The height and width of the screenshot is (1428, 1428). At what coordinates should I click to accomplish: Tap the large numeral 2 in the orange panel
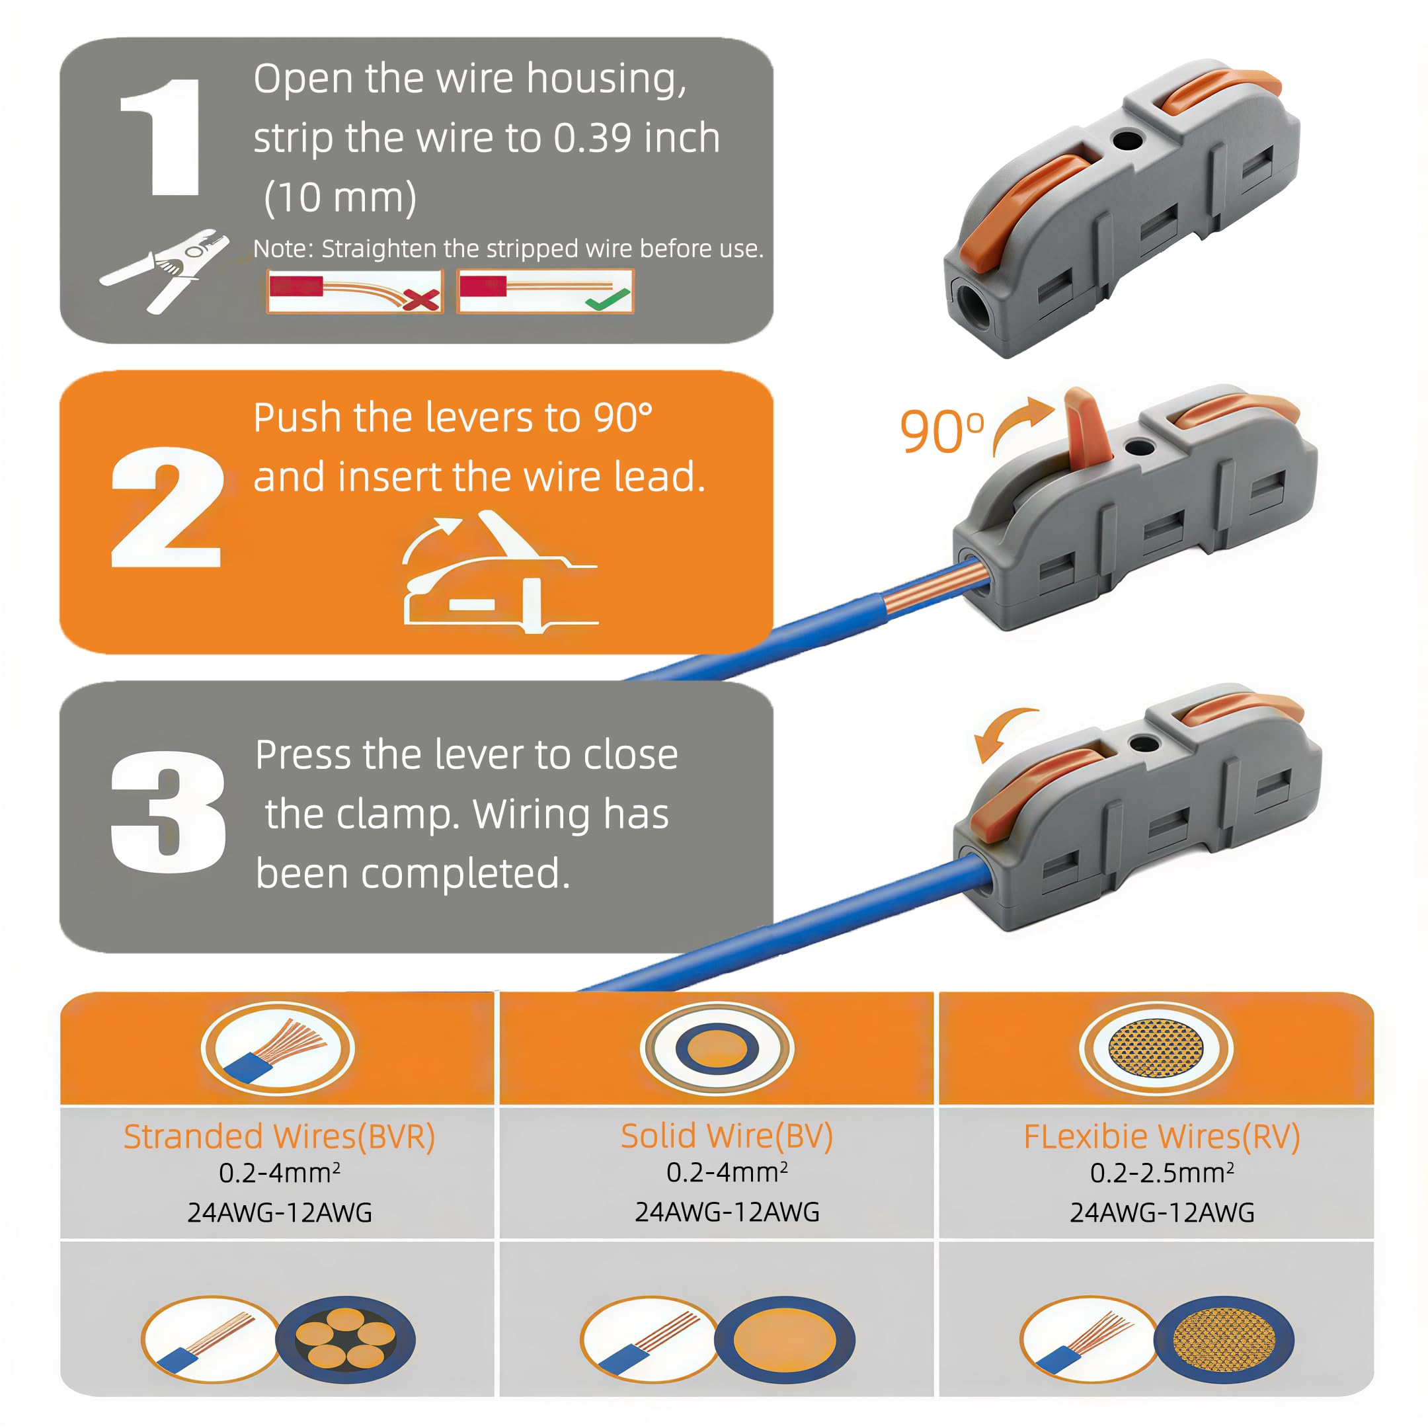(x=167, y=508)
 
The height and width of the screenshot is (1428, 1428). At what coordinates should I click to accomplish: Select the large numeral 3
(x=168, y=812)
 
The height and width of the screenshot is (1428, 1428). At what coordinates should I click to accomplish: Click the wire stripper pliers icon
(x=164, y=270)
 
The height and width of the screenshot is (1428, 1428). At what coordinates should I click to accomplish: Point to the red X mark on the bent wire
(x=421, y=299)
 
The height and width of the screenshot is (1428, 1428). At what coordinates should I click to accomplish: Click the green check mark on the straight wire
(x=608, y=299)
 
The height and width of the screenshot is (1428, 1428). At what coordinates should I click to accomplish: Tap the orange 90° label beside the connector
(x=941, y=432)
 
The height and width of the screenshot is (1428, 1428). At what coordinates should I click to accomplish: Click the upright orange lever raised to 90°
(x=1088, y=428)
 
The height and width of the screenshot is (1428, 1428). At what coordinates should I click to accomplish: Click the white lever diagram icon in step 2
(x=500, y=572)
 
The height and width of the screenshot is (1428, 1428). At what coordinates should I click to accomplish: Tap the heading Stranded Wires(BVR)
(x=280, y=1137)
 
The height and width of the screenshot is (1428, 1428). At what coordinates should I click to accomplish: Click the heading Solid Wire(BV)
(x=727, y=1136)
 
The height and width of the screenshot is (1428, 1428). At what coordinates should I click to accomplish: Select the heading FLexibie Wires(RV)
(x=1162, y=1137)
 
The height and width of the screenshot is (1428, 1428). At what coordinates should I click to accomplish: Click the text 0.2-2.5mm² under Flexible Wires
(x=1162, y=1173)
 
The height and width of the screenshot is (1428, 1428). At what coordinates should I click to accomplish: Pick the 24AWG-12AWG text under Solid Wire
(x=727, y=1212)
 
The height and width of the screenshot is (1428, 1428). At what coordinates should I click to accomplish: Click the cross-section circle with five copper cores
(x=345, y=1339)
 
